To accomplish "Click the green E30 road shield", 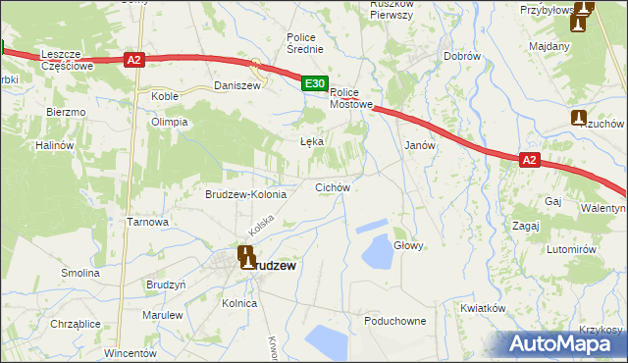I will pos(314,85).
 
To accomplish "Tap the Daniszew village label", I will pos(235,86).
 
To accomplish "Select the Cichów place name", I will pos(332,186).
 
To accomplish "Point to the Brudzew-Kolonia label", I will pos(245,194).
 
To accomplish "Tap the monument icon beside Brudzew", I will pos(246,258).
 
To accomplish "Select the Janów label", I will pos(420,144).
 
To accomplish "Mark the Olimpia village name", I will pos(168,122).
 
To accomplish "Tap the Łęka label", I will pos(311,141).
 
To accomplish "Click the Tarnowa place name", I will pos(148,222).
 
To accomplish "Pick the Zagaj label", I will pos(526,225).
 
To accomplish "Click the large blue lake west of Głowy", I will pos(377,253).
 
